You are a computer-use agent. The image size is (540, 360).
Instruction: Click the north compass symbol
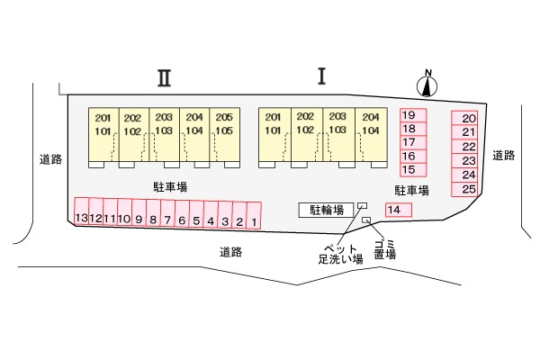tap(427, 84)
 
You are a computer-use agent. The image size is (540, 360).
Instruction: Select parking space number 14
tap(399, 210)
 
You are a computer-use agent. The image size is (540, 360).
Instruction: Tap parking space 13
tap(82, 211)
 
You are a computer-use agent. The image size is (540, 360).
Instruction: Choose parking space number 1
tap(254, 215)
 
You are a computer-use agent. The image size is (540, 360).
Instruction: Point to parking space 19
tap(413, 115)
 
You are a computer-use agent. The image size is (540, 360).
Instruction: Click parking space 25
tap(464, 190)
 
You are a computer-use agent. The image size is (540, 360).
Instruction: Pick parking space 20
tap(464, 118)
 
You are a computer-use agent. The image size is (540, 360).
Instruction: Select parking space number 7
tap(167, 213)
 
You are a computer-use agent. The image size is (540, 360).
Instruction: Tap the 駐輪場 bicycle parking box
tap(326, 210)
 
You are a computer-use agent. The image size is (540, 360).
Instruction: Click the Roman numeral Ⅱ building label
tap(165, 78)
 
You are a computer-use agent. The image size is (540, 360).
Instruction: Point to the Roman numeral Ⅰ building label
tap(321, 76)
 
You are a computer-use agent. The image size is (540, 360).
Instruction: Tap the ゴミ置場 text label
tap(385, 250)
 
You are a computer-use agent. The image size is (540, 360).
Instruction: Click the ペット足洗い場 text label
tap(340, 254)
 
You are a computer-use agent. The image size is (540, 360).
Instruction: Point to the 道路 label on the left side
tap(51, 159)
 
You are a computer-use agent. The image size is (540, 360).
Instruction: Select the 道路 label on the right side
tap(503, 156)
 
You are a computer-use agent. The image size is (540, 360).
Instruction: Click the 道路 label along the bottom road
tap(231, 252)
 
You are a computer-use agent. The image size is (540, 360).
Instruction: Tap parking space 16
tap(413, 156)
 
